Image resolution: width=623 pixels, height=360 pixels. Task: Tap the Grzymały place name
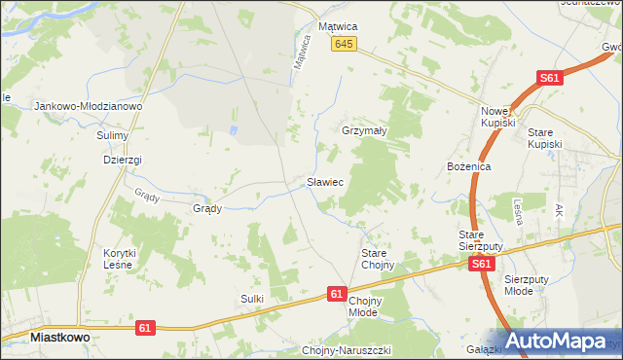click(x=366, y=129)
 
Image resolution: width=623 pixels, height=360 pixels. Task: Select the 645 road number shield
click(x=344, y=45)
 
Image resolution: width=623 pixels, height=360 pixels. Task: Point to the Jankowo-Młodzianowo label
click(x=89, y=106)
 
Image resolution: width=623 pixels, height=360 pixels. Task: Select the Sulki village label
click(x=252, y=299)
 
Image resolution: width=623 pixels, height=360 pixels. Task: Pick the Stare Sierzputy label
click(x=480, y=240)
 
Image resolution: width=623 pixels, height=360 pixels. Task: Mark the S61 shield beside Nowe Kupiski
click(x=551, y=79)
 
